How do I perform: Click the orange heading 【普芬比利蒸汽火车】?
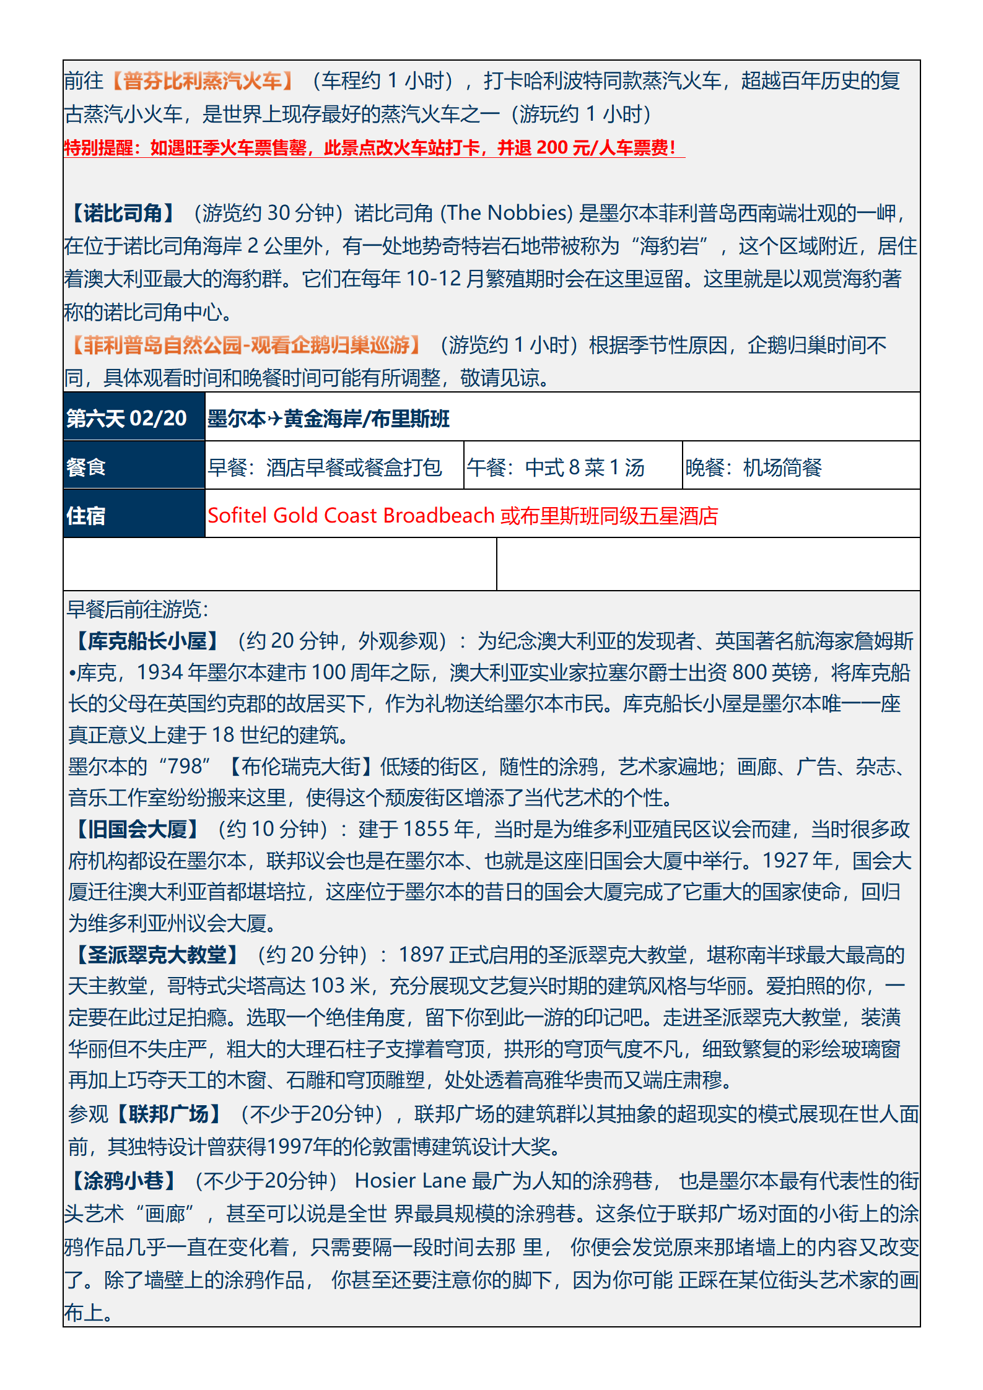203,81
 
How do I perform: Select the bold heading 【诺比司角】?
122,213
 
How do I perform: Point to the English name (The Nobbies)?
506,213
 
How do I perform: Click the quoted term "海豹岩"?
673,246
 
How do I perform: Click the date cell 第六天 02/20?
127,419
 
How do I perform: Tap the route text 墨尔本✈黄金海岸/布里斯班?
328,419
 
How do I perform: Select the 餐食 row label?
86,467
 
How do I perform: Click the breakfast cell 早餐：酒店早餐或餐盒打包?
325,467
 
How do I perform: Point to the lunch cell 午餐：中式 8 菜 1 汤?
556,467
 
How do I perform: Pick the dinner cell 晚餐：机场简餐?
753,467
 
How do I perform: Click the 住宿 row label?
86,515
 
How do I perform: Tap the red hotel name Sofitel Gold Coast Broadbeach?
351,516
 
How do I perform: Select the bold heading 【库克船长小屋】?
147,641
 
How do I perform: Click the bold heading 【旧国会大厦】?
137,829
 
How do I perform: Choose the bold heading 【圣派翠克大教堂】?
157,955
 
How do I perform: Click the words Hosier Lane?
410,1181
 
